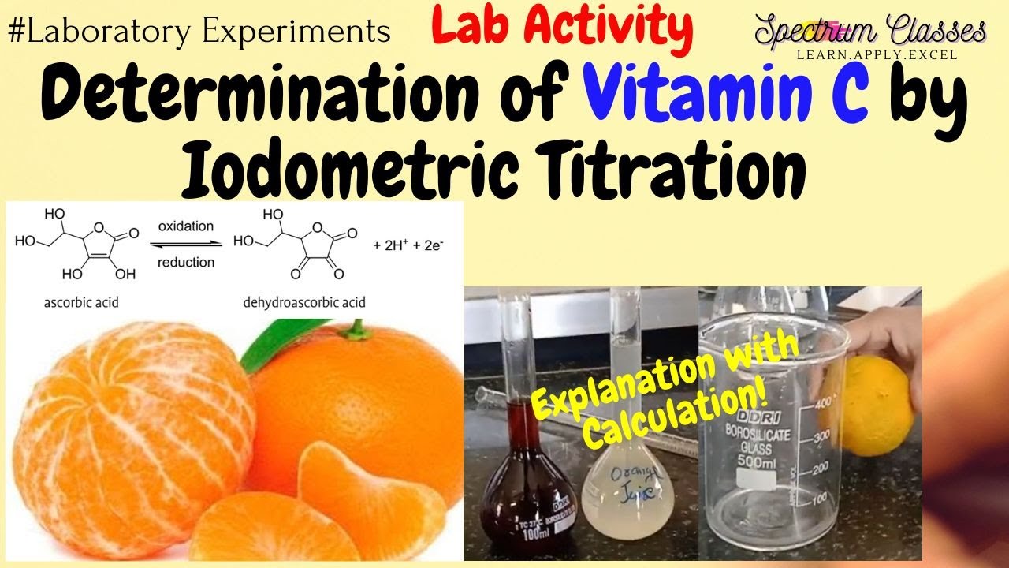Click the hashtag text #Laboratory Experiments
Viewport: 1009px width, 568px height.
coord(199,32)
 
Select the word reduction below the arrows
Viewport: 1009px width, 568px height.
coord(187,263)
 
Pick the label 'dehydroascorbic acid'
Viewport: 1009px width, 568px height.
coord(303,303)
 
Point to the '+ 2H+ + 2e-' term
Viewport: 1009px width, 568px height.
coord(408,245)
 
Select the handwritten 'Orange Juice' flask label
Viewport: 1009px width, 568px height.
coord(627,483)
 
